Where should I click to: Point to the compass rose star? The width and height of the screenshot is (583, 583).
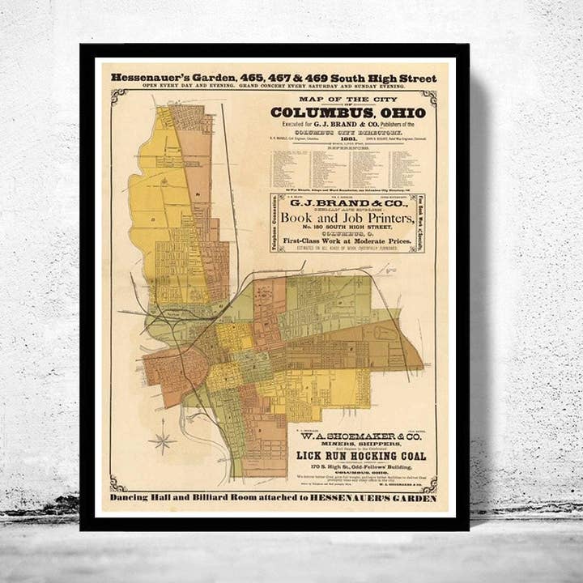coord(164,441)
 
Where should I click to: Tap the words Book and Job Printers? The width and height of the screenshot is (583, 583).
coord(348,221)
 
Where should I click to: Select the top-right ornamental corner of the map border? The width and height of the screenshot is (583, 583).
coord(428,97)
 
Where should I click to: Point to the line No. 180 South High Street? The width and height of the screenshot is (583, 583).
coord(348,233)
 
